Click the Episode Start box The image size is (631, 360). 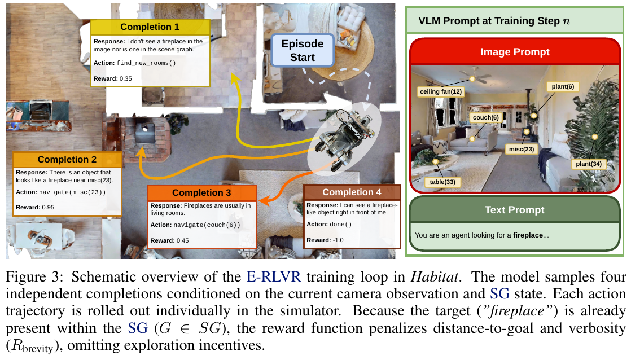click(x=303, y=50)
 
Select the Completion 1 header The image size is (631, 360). click(x=150, y=27)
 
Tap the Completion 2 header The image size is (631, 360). click(x=67, y=159)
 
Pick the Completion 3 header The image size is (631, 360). click(x=201, y=192)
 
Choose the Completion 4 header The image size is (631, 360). click(x=352, y=192)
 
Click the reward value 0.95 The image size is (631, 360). click(x=48, y=208)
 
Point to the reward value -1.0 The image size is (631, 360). click(x=338, y=240)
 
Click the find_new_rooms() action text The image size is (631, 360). click(x=146, y=63)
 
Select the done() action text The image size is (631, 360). click(x=340, y=225)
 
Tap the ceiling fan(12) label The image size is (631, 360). click(x=441, y=92)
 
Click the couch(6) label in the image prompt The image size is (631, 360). click(x=486, y=117)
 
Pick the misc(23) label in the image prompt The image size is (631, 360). click(x=521, y=149)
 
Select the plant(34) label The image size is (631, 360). click(x=588, y=164)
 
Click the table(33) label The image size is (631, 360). click(x=442, y=182)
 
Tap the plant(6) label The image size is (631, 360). click(x=563, y=86)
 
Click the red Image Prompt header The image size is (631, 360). click(x=515, y=52)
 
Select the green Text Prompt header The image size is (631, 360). click(x=514, y=209)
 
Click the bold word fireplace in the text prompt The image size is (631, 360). click(x=528, y=235)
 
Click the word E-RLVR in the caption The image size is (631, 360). click(x=274, y=276)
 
